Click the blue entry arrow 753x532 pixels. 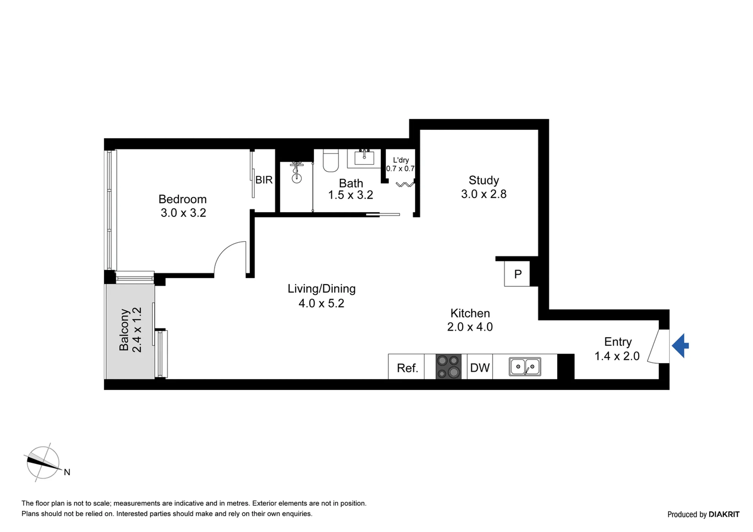(680, 345)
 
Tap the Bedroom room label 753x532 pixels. (182, 199)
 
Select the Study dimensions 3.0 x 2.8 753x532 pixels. (484, 194)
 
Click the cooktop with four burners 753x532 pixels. (448, 367)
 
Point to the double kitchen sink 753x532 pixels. (525, 367)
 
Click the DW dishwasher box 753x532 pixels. (480, 367)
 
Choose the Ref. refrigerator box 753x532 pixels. (406, 367)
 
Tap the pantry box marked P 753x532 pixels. (517, 274)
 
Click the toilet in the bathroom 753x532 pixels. (331, 160)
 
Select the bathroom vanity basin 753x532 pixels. (364, 158)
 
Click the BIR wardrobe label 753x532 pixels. (264, 180)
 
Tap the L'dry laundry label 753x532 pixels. (401, 160)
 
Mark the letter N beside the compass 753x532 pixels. (67, 472)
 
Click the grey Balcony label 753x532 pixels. (124, 330)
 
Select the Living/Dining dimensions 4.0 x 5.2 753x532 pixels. (321, 303)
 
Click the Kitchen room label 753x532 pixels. (470, 313)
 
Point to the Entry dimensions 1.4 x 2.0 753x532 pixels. (617, 356)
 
